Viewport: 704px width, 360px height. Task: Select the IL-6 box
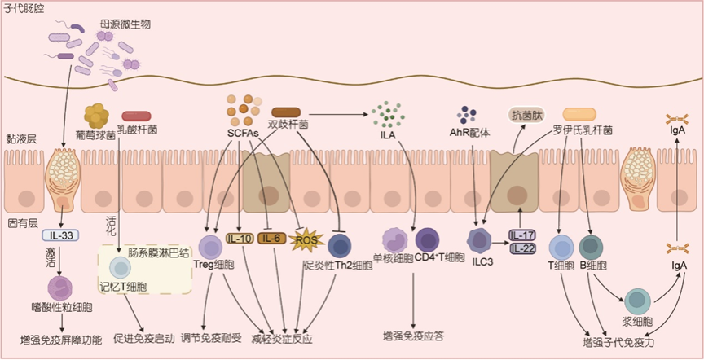click(x=271, y=239)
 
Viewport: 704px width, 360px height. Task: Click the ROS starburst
click(x=306, y=240)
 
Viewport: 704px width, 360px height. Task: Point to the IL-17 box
click(x=523, y=235)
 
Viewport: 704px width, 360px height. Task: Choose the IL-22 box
click(x=523, y=248)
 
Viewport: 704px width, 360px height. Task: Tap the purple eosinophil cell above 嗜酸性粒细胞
click(x=62, y=288)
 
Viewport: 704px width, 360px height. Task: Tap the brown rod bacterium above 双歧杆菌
click(x=287, y=112)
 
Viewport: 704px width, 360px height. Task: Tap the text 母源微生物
click(x=126, y=25)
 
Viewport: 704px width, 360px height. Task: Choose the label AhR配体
click(x=469, y=132)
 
